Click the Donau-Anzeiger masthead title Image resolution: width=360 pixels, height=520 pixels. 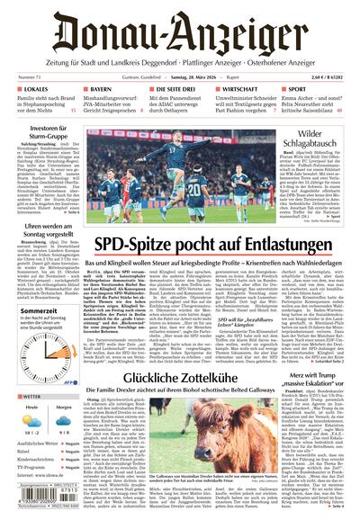(179, 32)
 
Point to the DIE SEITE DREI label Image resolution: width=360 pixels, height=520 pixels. (177, 90)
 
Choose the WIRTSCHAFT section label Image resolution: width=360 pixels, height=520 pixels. (244, 90)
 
